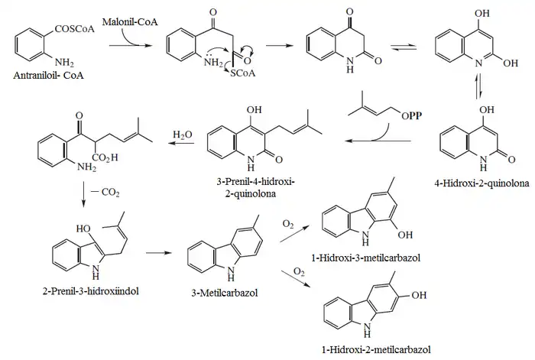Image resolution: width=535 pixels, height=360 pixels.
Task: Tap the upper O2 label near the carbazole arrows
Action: (x=288, y=223)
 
